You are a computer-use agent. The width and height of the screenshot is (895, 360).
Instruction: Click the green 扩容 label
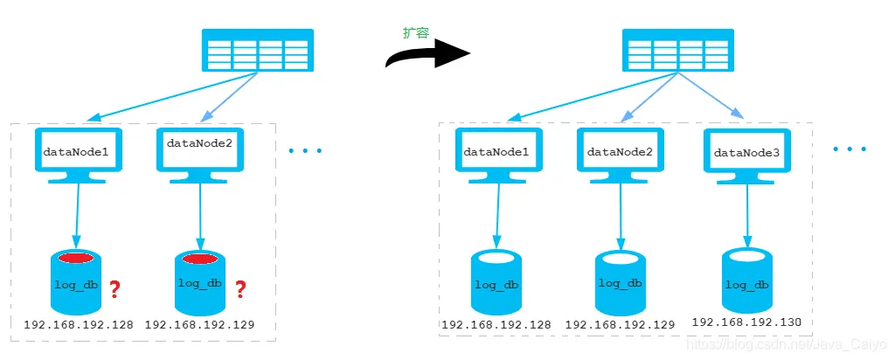415,32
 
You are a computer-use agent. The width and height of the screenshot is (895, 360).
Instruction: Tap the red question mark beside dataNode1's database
113,288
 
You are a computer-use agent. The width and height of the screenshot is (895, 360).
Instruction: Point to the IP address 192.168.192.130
746,322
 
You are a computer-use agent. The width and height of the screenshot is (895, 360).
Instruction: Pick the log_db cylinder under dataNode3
747,280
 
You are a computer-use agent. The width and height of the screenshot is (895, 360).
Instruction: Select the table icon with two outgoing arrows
257,50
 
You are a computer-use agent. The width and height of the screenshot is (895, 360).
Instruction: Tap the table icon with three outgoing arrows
676,50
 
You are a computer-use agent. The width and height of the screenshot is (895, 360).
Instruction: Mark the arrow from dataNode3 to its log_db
747,214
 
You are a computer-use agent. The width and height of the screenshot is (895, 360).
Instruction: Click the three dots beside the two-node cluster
306,151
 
